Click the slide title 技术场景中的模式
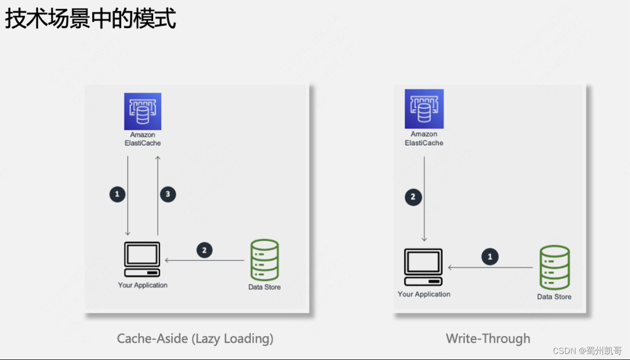90,19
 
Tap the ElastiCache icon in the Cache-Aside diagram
143,112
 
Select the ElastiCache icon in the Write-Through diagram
424,109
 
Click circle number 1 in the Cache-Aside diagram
117,194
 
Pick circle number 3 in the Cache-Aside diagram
168,194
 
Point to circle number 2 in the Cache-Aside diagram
204,250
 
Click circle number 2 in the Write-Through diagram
413,197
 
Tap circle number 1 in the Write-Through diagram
490,257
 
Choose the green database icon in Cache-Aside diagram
264,260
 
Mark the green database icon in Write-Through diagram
554,267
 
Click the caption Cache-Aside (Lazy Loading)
195,338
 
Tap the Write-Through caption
488,338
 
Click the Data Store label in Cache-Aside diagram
264,287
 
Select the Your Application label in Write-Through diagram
424,294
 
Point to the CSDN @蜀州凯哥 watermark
587,351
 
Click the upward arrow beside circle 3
158,195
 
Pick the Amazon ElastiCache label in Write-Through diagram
424,138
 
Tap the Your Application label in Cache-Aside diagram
143,285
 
